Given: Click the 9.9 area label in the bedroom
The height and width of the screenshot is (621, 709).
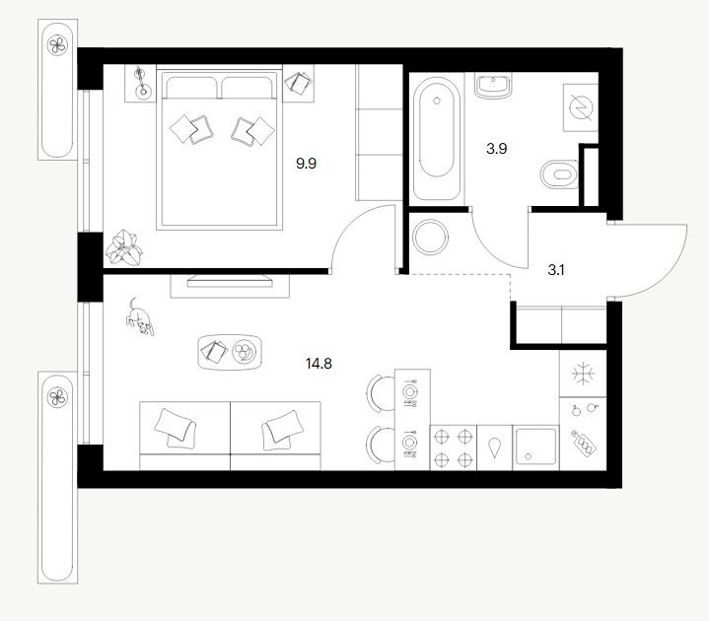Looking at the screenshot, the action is (x=306, y=164).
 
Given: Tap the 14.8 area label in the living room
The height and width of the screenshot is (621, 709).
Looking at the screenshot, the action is (x=319, y=363).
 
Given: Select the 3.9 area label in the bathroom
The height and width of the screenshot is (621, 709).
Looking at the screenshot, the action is (x=496, y=148).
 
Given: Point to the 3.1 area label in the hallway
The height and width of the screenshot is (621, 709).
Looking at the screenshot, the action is (x=556, y=270).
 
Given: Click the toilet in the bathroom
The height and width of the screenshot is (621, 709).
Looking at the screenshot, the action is (x=560, y=174).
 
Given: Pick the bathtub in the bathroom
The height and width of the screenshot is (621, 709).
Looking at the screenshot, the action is (x=437, y=138).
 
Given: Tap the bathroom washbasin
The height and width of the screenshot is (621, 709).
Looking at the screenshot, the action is (x=493, y=86).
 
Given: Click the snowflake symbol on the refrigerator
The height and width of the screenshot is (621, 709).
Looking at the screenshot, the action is (x=584, y=374).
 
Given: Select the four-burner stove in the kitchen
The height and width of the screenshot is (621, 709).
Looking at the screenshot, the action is (x=453, y=448).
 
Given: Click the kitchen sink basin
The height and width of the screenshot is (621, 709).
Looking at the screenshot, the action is (x=535, y=448).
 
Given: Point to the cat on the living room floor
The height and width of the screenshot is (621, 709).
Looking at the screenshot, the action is (x=140, y=316).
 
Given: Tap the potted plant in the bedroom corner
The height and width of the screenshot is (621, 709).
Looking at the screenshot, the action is (x=124, y=247).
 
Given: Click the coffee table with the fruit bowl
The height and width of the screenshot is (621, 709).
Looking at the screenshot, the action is (x=230, y=352).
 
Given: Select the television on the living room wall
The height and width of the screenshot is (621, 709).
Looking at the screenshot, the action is (x=230, y=281).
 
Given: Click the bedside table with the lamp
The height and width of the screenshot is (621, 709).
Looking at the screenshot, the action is (x=141, y=84).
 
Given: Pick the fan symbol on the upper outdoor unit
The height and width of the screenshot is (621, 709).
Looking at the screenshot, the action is (x=57, y=44).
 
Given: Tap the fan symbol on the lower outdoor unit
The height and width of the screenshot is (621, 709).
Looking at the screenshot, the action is (x=57, y=397).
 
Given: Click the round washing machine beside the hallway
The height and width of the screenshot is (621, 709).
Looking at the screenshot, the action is (x=431, y=237).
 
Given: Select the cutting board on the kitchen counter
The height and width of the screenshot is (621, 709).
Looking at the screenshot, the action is (x=584, y=442).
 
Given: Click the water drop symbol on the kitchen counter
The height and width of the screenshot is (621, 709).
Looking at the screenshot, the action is (x=495, y=448).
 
